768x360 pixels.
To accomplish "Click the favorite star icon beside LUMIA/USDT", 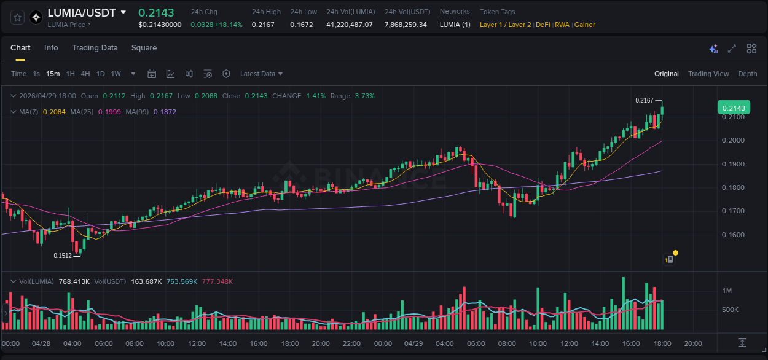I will tap(18, 17).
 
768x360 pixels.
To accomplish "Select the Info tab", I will tap(51, 48).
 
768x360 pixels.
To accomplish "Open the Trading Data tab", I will tap(95, 48).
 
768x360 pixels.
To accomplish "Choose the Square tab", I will tap(144, 48).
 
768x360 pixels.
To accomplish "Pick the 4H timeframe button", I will tap(85, 74).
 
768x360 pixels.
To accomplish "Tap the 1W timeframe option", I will tap(116, 74).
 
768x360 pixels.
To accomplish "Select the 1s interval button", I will tap(36, 74).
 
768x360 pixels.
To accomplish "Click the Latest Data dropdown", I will tap(261, 74).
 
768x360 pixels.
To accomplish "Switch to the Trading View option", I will tap(708, 74).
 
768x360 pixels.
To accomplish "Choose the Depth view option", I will tap(748, 74).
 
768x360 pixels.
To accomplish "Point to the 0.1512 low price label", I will tap(63, 256).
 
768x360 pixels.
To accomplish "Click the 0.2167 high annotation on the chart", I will tap(644, 100).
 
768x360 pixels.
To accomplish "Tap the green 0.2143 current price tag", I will tap(733, 108).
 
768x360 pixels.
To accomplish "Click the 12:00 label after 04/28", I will tap(197, 343).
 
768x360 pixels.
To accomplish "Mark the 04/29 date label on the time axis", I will tap(413, 343).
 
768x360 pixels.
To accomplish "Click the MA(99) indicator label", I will tap(138, 112).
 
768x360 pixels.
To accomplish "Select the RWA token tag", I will tap(562, 25).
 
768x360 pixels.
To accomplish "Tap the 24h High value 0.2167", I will tap(263, 25).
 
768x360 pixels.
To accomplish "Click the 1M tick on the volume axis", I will tap(727, 291).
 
